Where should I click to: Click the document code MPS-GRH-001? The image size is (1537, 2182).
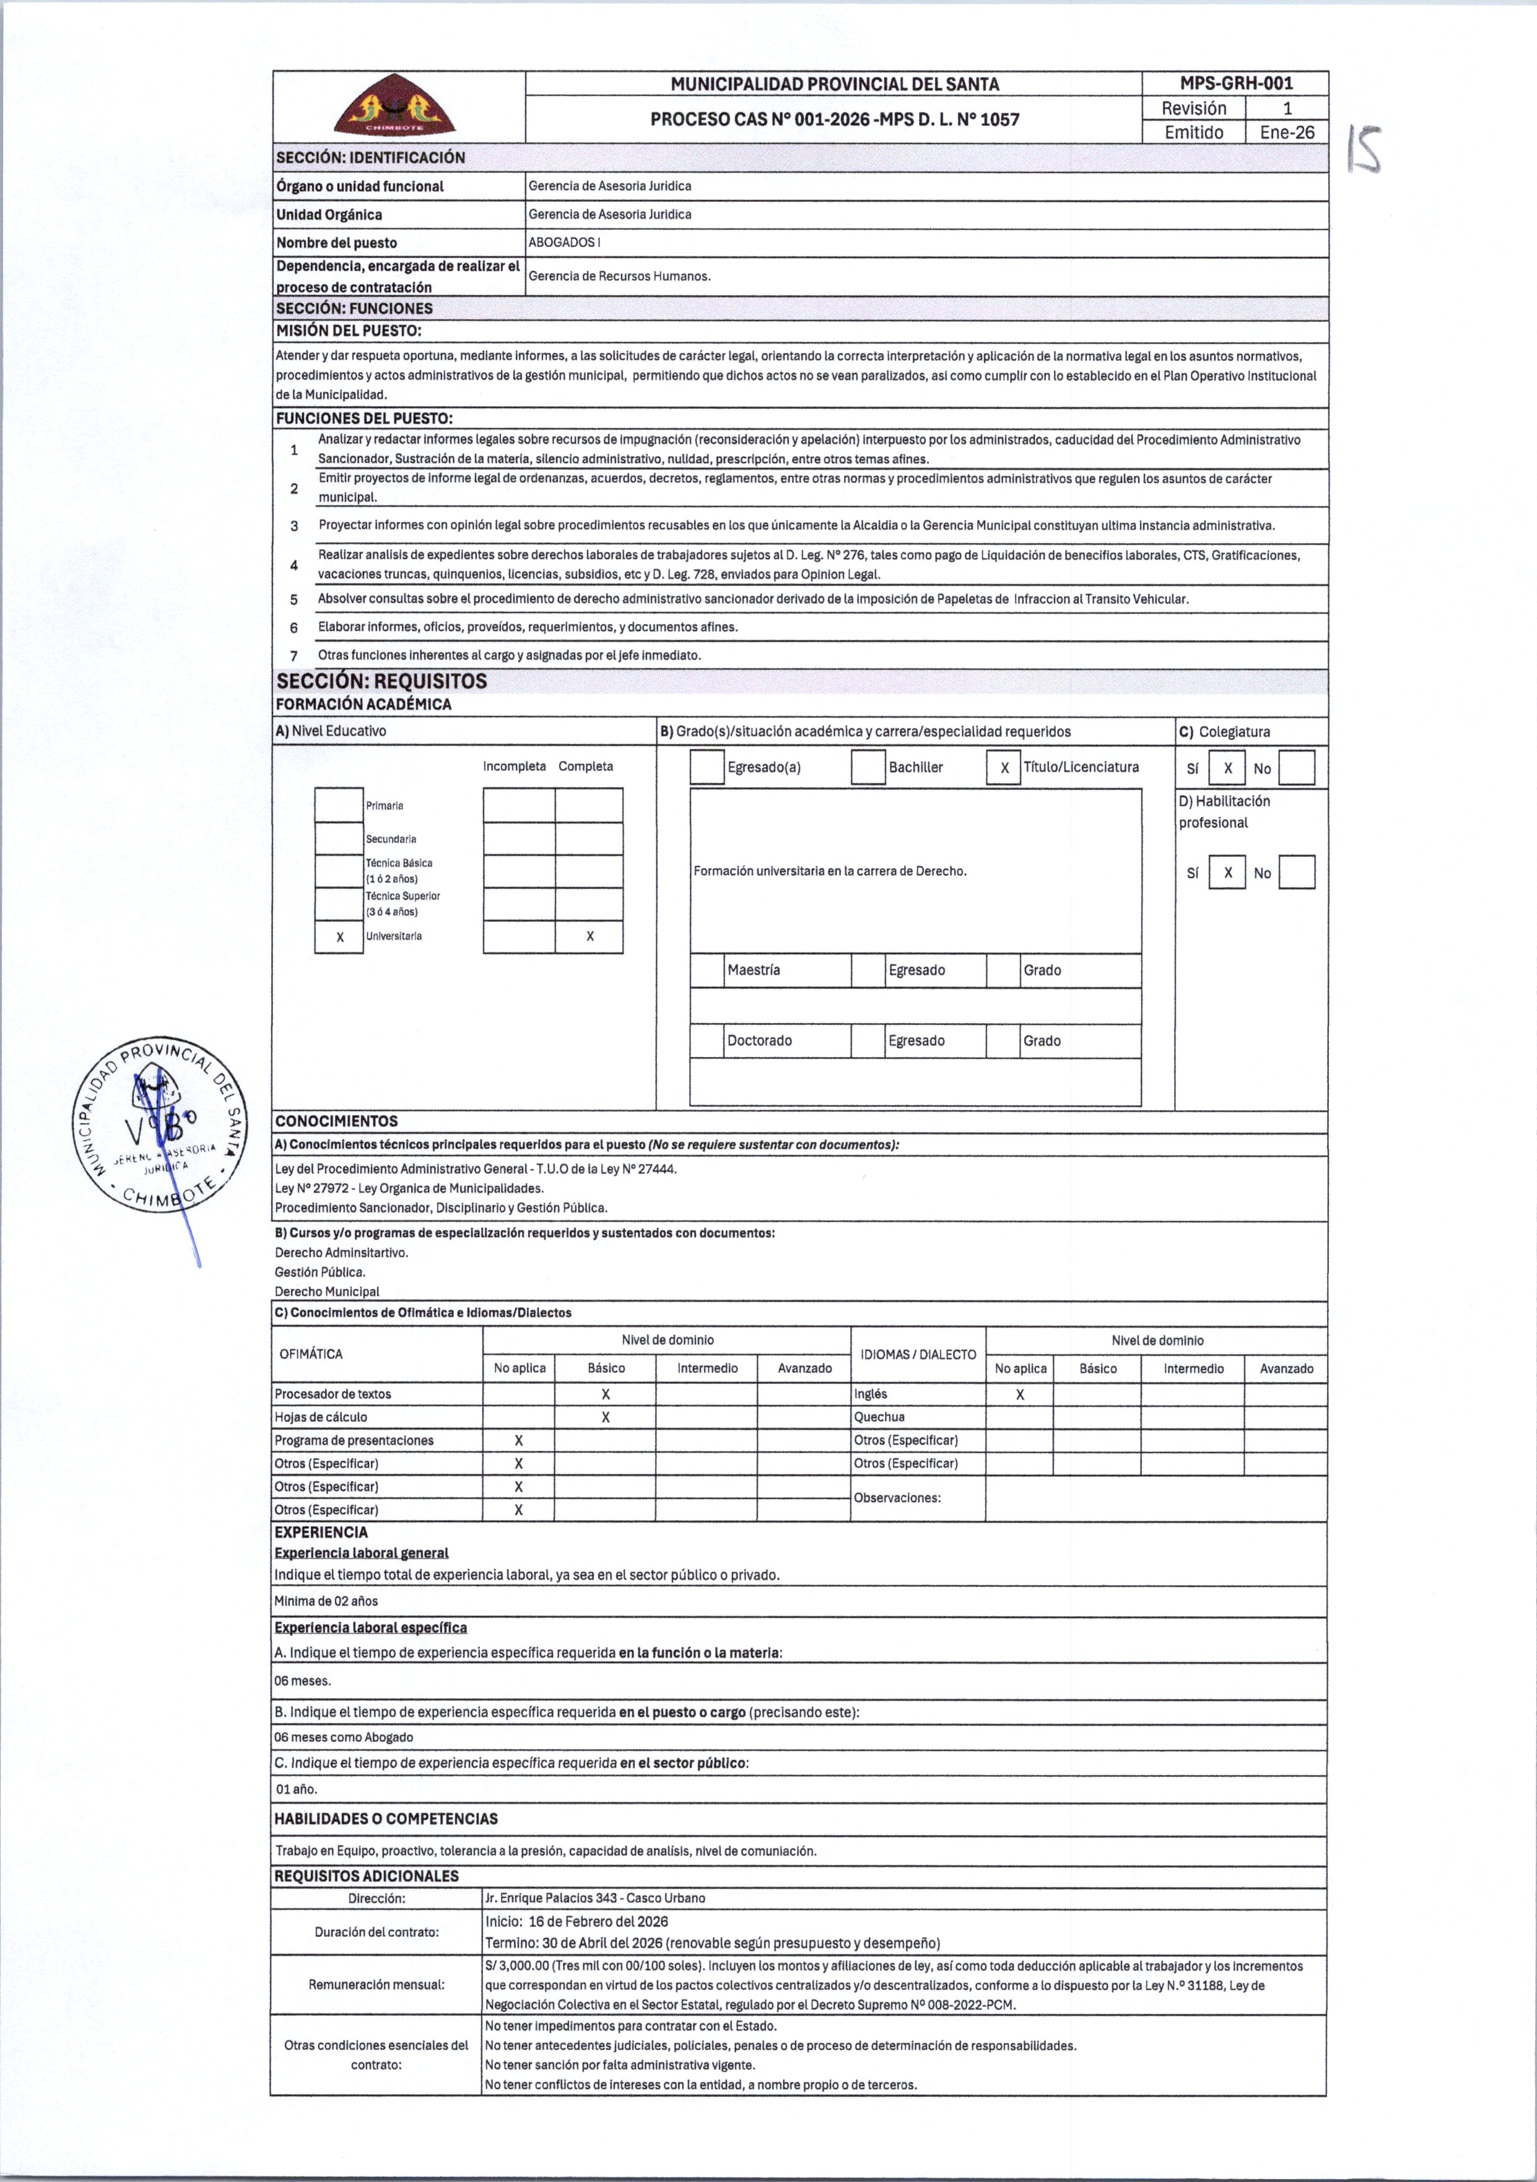(x=1235, y=84)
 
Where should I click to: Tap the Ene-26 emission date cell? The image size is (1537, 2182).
(x=1286, y=132)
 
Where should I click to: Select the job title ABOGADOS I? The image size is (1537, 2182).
(x=564, y=242)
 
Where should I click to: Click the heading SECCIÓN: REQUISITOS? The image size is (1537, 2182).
(x=381, y=680)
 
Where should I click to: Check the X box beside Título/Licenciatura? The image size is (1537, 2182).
(x=1004, y=768)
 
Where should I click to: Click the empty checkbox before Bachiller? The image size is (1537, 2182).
(x=868, y=768)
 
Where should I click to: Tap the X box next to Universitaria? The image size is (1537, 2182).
(x=339, y=937)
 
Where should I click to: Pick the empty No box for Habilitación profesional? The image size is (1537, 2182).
(x=1297, y=872)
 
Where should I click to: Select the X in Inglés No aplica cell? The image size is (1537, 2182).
(x=1020, y=1394)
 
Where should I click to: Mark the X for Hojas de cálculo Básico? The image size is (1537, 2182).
(x=606, y=1417)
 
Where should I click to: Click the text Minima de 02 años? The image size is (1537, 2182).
(x=326, y=1601)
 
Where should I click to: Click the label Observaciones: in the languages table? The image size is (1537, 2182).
(x=897, y=1498)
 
